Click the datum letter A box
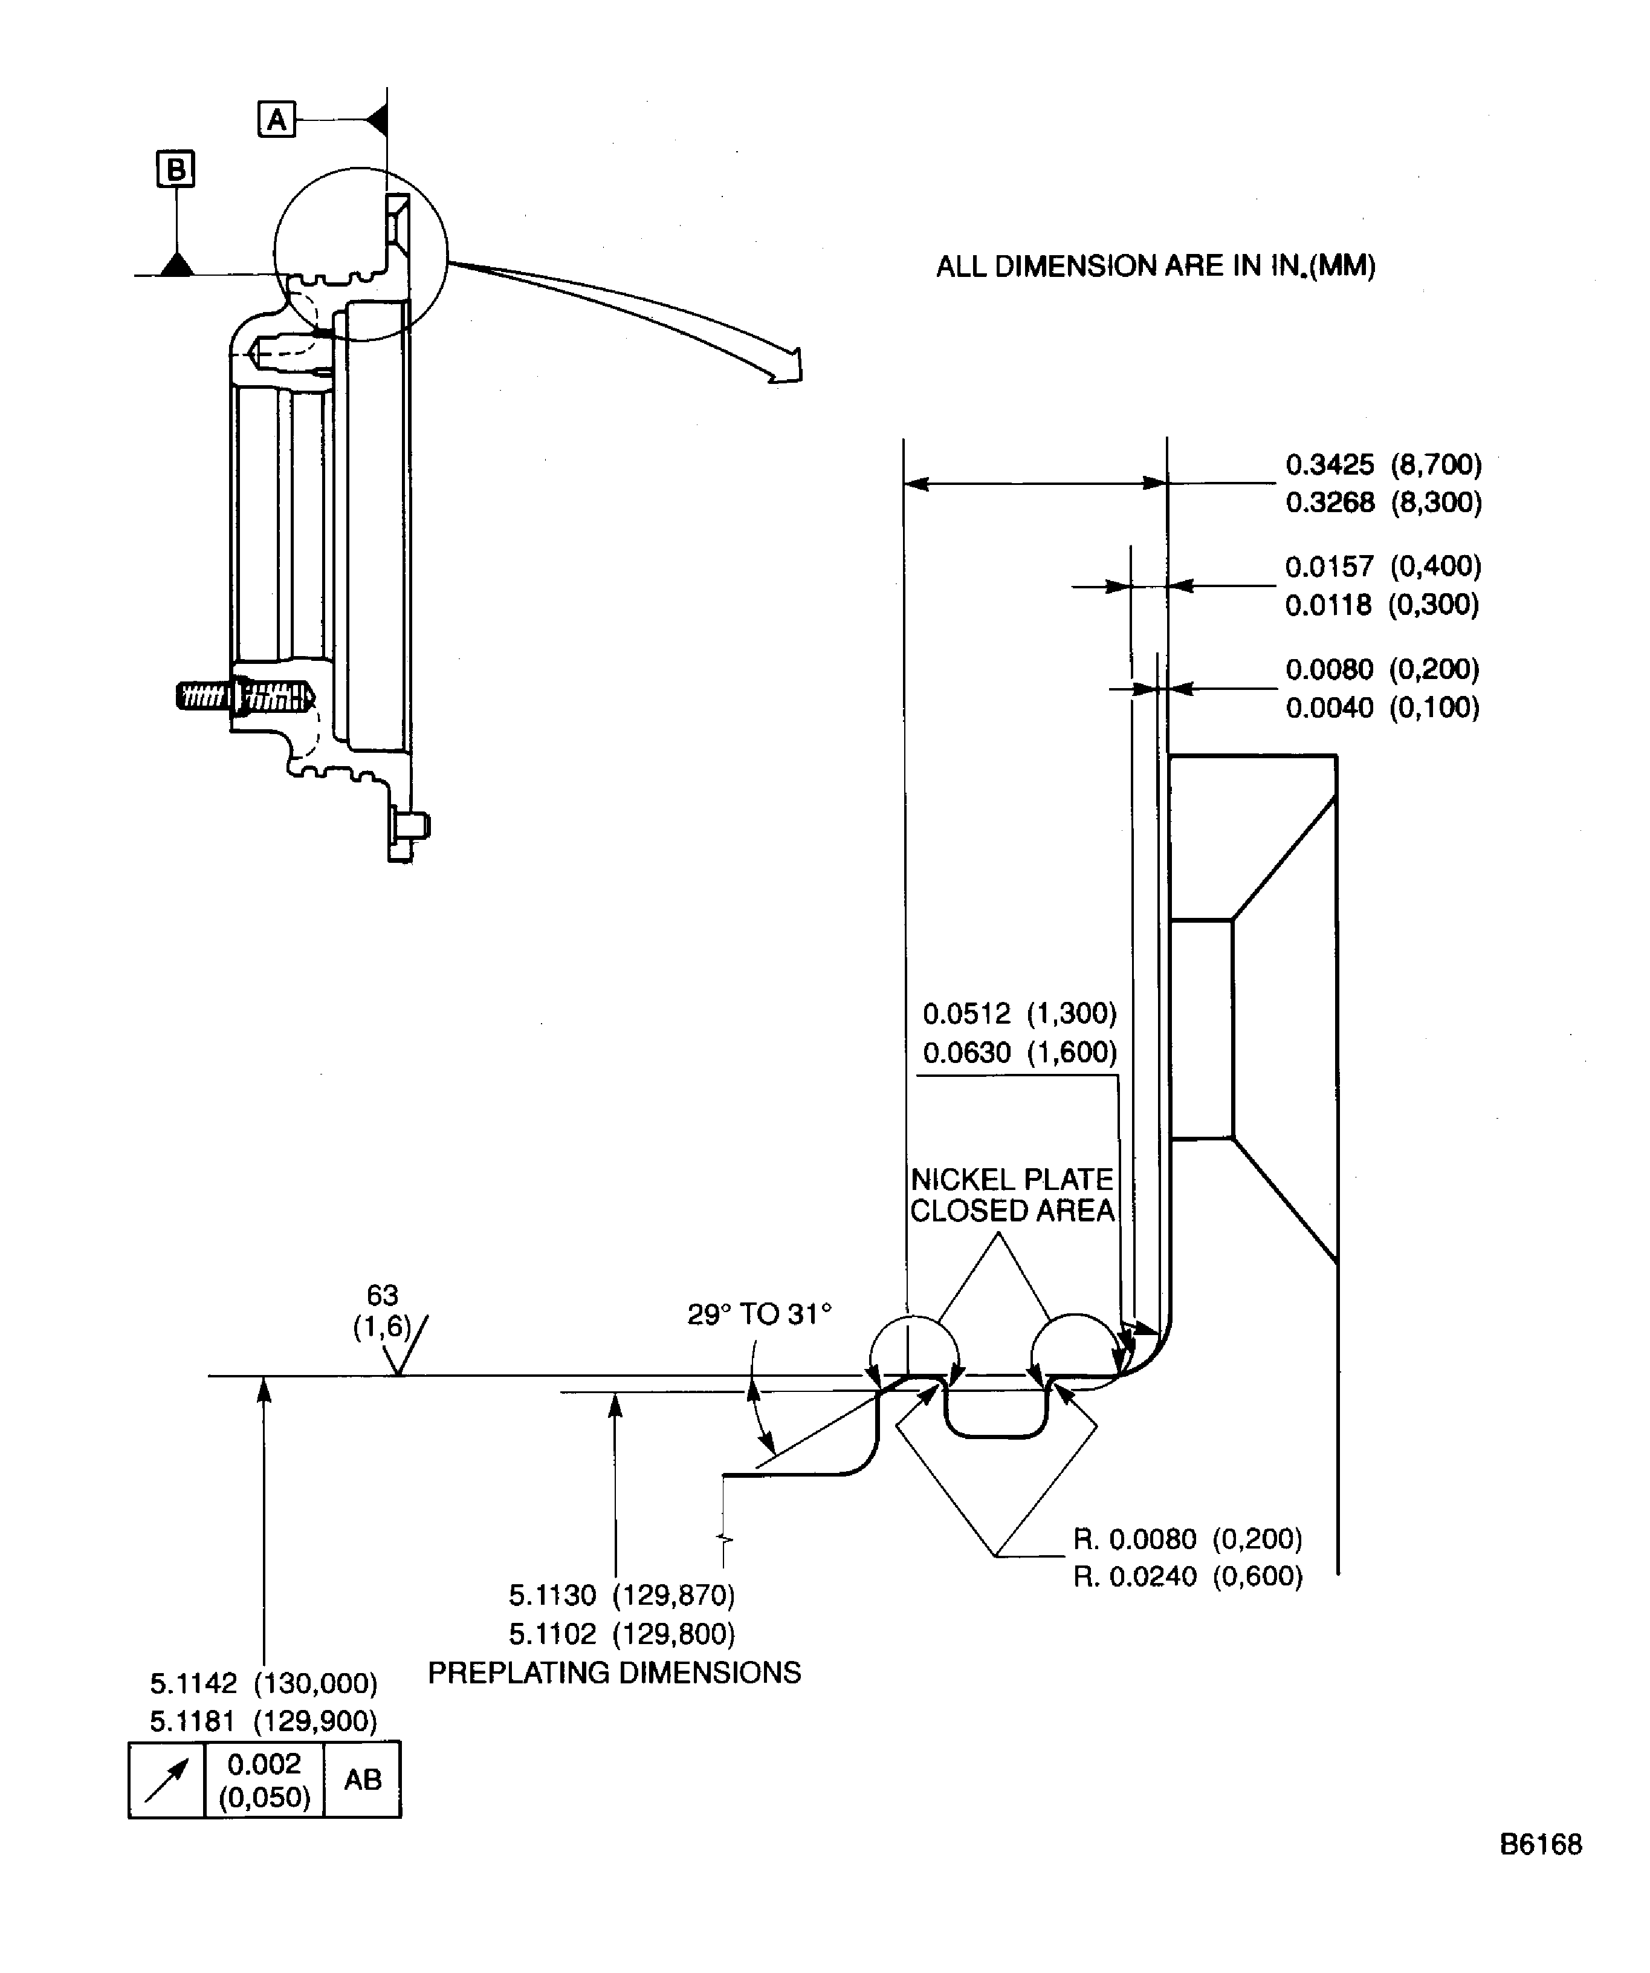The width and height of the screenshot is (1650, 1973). click(276, 119)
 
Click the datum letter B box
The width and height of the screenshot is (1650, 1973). click(176, 169)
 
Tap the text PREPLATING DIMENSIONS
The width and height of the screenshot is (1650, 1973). click(614, 1672)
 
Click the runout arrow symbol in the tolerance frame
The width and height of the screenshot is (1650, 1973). click(166, 1780)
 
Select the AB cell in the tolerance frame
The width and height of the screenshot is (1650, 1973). click(363, 1780)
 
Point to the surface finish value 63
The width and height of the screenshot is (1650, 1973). click(382, 1295)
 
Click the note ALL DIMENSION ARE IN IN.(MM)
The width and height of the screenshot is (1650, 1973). click(1155, 266)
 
